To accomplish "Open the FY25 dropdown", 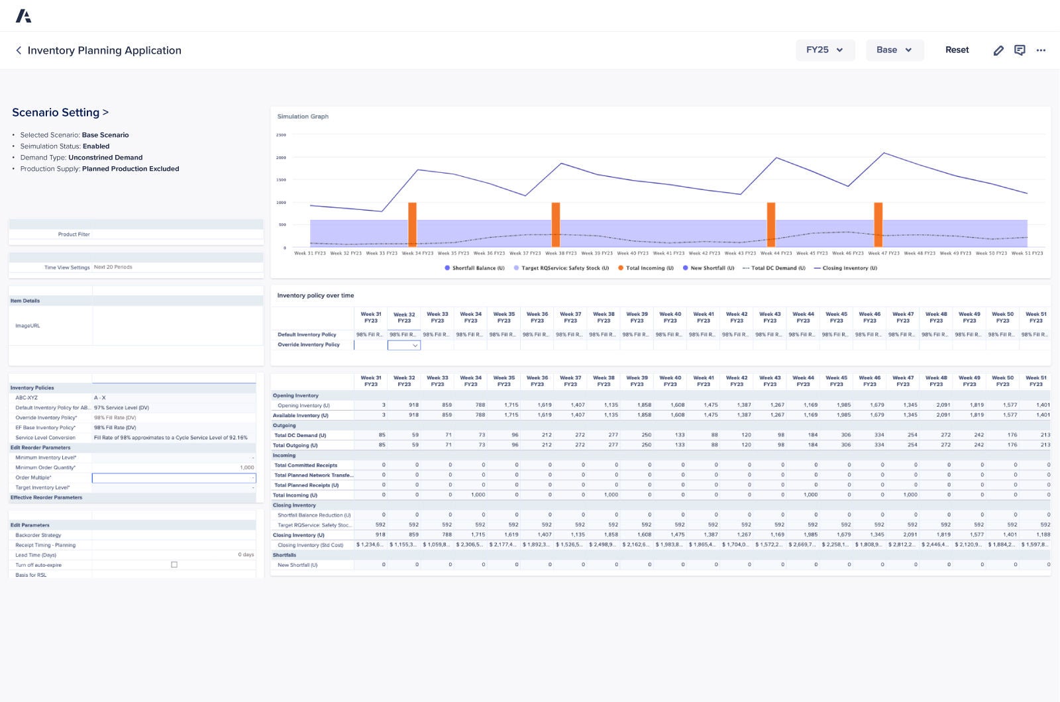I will click(825, 50).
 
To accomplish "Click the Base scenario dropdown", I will click(894, 50).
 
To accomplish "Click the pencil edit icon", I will click(998, 50).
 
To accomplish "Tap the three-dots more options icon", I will click(1041, 50).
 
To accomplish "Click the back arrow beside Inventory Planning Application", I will click(19, 50).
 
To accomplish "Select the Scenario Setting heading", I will click(60, 113).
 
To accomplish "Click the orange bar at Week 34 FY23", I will click(412, 225).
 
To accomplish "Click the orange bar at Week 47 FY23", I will click(878, 225).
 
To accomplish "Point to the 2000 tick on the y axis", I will click(282, 158).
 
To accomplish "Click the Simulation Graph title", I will click(303, 117).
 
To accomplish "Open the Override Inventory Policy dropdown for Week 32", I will click(404, 345).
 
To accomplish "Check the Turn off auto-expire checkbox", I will click(174, 565).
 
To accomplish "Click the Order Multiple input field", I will click(174, 477).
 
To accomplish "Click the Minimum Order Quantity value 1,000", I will click(247, 468).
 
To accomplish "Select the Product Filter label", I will click(74, 234).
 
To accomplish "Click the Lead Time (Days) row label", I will click(36, 555).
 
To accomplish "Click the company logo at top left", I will click(23, 16).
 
